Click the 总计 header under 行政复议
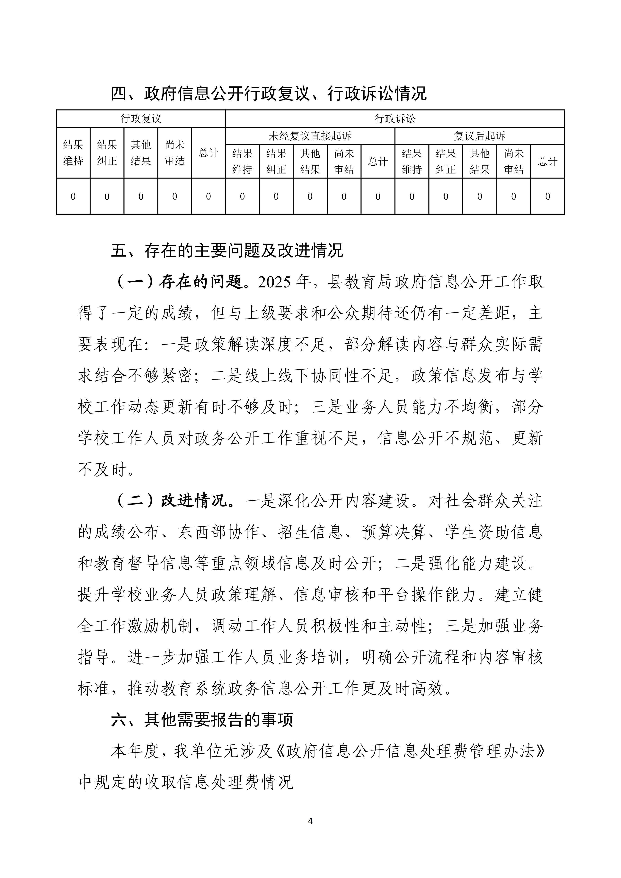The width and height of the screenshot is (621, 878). pyautogui.click(x=208, y=153)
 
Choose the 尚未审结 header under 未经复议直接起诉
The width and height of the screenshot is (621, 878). pyautogui.click(x=344, y=161)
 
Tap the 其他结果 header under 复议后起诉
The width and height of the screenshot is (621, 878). pyautogui.click(x=480, y=161)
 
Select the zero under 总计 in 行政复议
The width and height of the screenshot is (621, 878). pyautogui.click(x=208, y=197)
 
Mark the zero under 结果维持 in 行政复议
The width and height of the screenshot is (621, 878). pyautogui.click(x=73, y=197)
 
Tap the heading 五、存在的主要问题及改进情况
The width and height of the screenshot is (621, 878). pyautogui.click(x=227, y=251)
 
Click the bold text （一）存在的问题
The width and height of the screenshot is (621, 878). pyautogui.click(x=178, y=282)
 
